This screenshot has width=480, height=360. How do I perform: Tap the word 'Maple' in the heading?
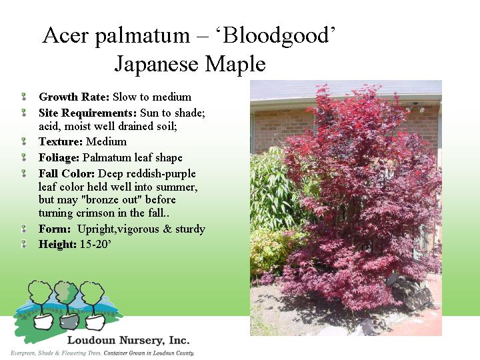pos(235,64)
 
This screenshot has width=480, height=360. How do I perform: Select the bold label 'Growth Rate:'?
pos(74,97)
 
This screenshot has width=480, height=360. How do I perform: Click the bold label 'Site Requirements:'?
pos(87,113)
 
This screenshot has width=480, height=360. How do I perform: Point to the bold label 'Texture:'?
pos(61,141)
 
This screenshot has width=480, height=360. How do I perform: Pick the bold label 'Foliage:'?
pos(59,158)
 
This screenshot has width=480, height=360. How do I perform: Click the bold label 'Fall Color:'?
pos(67,173)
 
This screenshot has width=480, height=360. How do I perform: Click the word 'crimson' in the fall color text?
pos(95,213)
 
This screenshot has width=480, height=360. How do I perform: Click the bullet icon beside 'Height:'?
pos(23,244)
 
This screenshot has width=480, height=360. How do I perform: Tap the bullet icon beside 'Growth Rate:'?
pos(23,97)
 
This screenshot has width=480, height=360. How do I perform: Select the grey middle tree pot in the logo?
pos(69,322)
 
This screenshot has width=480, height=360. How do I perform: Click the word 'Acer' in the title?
pos(65,35)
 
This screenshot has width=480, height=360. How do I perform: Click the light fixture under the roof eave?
pos(415,107)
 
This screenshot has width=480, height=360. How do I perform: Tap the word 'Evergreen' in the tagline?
pos(23,353)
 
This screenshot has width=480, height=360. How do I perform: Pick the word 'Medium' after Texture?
pos(106,141)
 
